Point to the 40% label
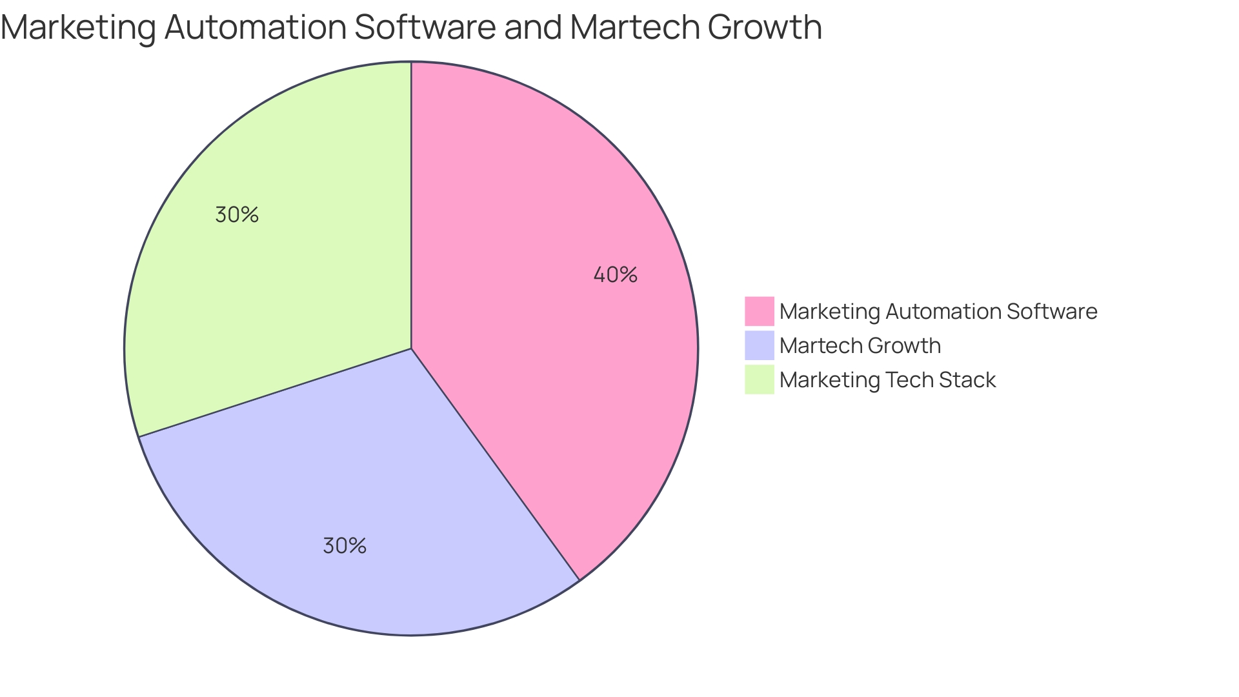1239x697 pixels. point(615,275)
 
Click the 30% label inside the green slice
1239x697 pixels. point(237,215)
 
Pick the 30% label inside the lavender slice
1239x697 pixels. point(345,546)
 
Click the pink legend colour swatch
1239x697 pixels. point(759,311)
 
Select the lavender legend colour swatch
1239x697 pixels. point(759,345)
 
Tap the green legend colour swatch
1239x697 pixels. point(759,379)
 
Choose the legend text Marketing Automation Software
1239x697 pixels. point(938,311)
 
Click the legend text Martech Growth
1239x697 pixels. point(860,345)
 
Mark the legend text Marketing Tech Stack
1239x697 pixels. point(887,379)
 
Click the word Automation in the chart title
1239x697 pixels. point(256,28)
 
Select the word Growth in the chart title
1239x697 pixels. point(765,28)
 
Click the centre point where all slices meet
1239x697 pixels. point(411,348)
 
